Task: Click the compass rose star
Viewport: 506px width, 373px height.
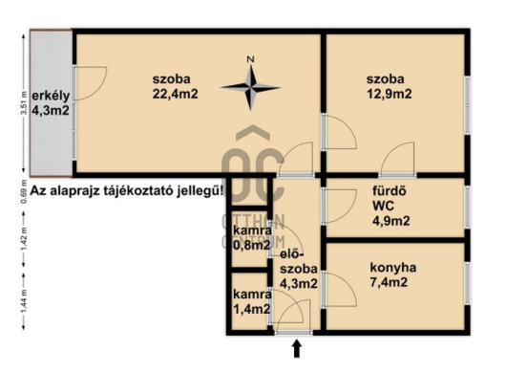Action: [250, 87]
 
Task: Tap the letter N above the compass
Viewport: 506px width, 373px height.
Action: [250, 59]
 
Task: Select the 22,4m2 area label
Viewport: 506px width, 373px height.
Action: [175, 94]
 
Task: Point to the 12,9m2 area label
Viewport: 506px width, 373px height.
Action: [390, 94]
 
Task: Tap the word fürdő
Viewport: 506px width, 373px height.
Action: [385, 190]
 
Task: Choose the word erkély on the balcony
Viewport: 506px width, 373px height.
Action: [51, 96]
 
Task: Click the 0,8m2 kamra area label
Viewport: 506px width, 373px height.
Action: [251, 246]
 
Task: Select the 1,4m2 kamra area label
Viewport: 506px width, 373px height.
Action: [251, 309]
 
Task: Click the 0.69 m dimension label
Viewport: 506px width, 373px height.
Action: [24, 194]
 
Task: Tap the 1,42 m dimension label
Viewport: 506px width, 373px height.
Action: [24, 238]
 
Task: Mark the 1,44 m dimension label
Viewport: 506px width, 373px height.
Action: [24, 301]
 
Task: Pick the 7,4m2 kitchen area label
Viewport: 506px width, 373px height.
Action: [389, 282]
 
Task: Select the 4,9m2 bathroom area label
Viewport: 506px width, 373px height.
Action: [391, 221]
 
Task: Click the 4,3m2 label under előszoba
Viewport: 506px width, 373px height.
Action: [299, 283]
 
